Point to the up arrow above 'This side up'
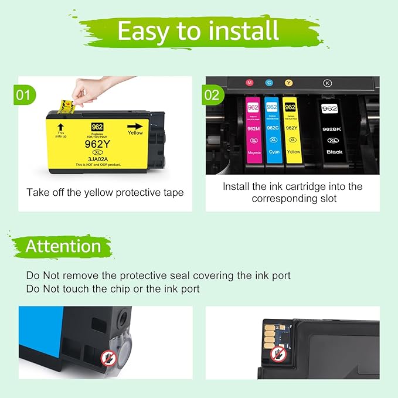pos(60,125)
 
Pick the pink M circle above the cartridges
pos(250,83)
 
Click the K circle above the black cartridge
pos(327,83)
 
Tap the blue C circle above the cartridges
pos(269,83)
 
